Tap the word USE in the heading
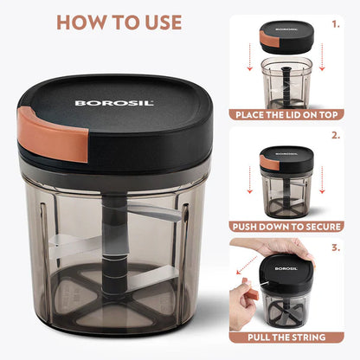pyautogui.click(x=157, y=22)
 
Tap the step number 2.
pyautogui.click(x=337, y=136)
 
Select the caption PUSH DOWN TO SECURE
pyautogui.click(x=288, y=227)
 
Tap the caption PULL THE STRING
pyautogui.click(x=288, y=337)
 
